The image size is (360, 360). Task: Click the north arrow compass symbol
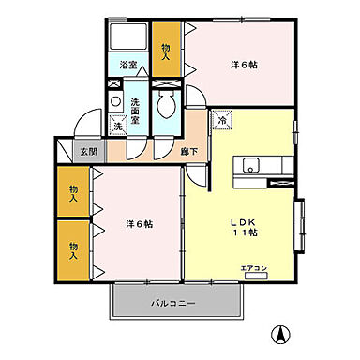[x=278, y=332]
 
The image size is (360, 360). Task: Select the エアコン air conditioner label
[x=253, y=269]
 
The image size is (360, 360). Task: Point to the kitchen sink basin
[x=251, y=166]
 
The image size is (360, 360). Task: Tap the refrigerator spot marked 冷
[x=223, y=120]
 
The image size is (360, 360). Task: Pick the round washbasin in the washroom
[x=115, y=102]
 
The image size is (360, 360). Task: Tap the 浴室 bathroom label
[x=128, y=65]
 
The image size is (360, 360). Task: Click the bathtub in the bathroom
[x=128, y=38]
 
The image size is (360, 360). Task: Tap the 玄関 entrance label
[x=87, y=150]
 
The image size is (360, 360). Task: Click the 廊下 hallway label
[x=162, y=150]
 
